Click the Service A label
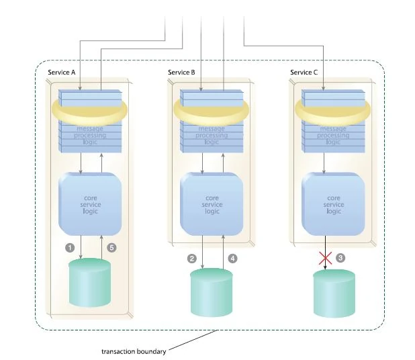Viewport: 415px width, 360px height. (x=61, y=72)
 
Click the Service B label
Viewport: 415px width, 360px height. (x=182, y=72)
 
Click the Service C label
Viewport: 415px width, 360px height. (x=304, y=72)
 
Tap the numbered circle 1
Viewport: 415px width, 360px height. (x=68, y=247)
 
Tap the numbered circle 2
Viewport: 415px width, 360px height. (x=191, y=258)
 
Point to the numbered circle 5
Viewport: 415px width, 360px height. (x=112, y=247)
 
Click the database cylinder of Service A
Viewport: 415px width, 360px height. (x=90, y=282)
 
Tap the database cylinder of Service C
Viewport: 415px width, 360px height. (x=334, y=293)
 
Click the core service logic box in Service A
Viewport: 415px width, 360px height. (x=90, y=203)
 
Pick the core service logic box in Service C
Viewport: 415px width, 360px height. (x=334, y=203)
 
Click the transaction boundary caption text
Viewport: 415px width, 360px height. (x=132, y=351)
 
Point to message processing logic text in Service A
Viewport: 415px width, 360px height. (x=90, y=135)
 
